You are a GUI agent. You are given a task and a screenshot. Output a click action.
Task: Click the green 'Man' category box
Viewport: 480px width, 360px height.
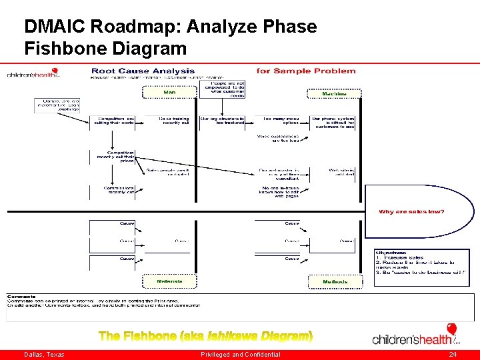tap(169, 93)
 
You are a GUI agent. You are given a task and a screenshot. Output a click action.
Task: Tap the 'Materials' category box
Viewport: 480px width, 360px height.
tap(169, 282)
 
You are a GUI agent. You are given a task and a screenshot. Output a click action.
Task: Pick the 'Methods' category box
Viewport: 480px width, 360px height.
tap(335, 282)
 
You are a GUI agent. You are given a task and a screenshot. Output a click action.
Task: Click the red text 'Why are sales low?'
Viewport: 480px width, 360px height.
tap(411, 212)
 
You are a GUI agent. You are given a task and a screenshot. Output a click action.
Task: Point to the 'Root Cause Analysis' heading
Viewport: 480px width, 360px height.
tap(143, 71)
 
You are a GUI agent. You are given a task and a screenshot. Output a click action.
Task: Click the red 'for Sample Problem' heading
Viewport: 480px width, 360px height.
tap(306, 71)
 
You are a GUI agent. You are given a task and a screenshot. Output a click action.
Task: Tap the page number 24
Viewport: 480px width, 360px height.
tap(453, 355)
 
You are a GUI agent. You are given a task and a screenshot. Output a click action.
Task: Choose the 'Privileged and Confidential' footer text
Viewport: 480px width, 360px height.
tap(240, 355)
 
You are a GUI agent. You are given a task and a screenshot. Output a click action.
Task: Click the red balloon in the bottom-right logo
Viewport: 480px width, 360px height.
tap(452, 329)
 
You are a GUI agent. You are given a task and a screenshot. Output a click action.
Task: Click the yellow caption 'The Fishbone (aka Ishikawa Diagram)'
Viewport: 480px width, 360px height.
tap(205, 335)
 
